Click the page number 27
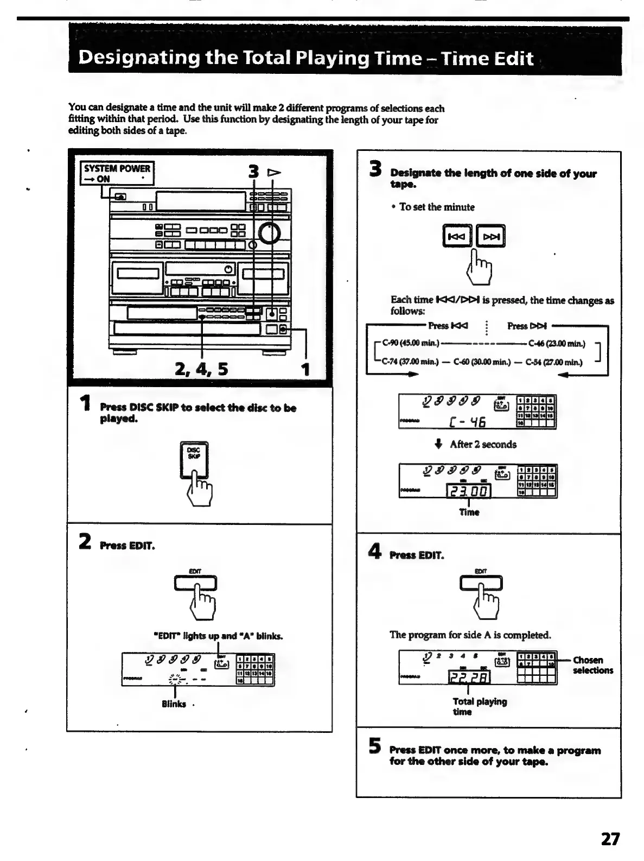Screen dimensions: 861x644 (610, 839)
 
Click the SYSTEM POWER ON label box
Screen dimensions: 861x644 (117, 173)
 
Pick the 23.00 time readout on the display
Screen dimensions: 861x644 (468, 490)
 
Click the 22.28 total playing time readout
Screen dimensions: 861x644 (469, 676)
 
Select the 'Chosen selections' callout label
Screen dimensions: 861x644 (592, 665)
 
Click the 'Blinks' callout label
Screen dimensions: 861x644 (174, 704)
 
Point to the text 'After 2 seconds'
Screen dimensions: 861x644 (483, 444)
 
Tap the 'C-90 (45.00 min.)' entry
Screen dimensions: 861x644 (411, 343)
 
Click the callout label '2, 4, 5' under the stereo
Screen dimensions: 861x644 (201, 369)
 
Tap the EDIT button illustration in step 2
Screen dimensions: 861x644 (195, 583)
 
